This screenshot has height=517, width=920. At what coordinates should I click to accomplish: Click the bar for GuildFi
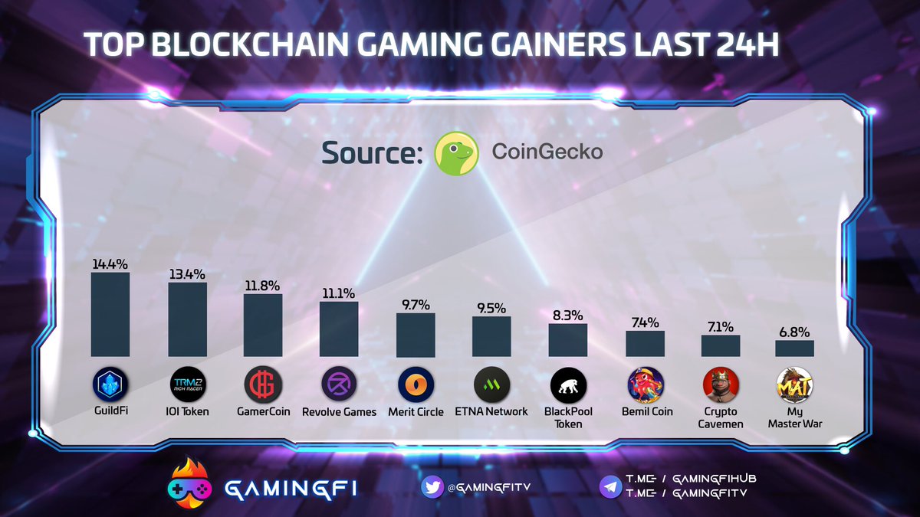[110, 314]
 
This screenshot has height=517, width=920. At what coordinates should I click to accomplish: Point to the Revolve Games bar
[339, 329]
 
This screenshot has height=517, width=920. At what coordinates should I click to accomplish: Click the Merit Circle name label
[416, 412]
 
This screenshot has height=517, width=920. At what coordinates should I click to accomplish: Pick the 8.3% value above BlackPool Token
[568, 315]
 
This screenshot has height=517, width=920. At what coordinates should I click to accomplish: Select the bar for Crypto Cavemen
[721, 345]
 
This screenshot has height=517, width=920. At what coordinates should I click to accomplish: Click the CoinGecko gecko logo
[457, 152]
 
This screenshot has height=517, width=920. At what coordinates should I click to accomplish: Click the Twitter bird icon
[432, 485]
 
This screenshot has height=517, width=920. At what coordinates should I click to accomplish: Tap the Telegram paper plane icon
[611, 485]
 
